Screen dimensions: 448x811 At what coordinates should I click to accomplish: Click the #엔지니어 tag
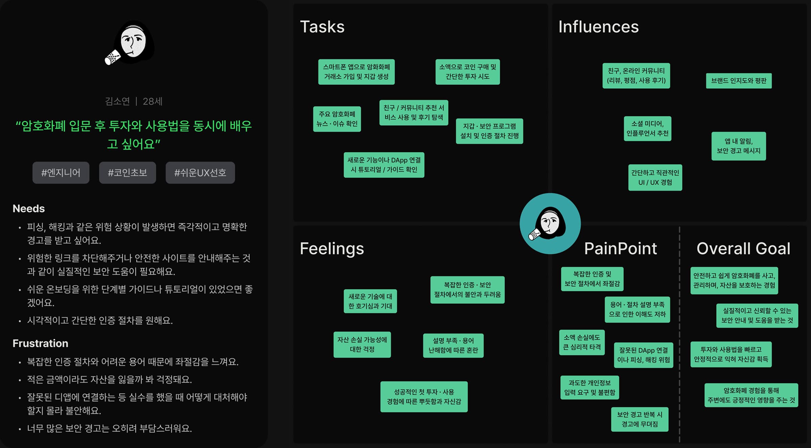pyautogui.click(x=61, y=173)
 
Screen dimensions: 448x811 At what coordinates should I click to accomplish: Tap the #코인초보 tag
pyautogui.click(x=127, y=173)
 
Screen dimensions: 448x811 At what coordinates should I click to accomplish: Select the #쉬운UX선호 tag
pyautogui.click(x=200, y=173)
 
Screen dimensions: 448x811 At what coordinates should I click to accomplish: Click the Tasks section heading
pyautogui.click(x=322, y=27)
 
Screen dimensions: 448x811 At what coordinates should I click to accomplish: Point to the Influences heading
pyautogui.click(x=598, y=27)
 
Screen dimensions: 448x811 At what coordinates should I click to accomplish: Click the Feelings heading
pyautogui.click(x=332, y=249)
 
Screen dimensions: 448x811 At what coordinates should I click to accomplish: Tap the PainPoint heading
pyautogui.click(x=620, y=249)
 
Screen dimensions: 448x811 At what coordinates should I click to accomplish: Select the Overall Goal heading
pyautogui.click(x=743, y=249)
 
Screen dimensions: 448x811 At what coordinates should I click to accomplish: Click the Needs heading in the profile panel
pyautogui.click(x=29, y=208)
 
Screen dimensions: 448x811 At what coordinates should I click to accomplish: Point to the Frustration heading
pyautogui.click(x=40, y=343)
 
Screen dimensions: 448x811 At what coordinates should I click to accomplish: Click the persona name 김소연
pyautogui.click(x=117, y=101)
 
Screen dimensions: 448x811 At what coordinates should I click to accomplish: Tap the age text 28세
pyautogui.click(x=152, y=101)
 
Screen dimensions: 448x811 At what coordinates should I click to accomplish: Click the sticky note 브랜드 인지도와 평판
pyautogui.click(x=739, y=81)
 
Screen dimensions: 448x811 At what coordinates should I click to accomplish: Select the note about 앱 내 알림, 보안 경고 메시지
pyautogui.click(x=738, y=146)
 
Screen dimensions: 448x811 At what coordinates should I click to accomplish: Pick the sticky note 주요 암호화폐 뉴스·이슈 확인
pyautogui.click(x=337, y=119)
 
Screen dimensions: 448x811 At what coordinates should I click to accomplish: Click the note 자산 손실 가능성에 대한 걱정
pyautogui.click(x=362, y=344)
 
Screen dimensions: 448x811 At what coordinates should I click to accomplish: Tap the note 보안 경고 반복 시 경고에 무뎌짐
pyautogui.click(x=639, y=419)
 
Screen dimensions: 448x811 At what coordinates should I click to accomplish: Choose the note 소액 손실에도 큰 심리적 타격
pyautogui.click(x=582, y=342)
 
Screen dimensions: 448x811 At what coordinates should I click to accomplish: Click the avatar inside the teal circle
pyautogui.click(x=550, y=223)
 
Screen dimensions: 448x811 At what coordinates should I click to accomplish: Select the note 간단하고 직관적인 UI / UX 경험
pyautogui.click(x=655, y=177)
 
